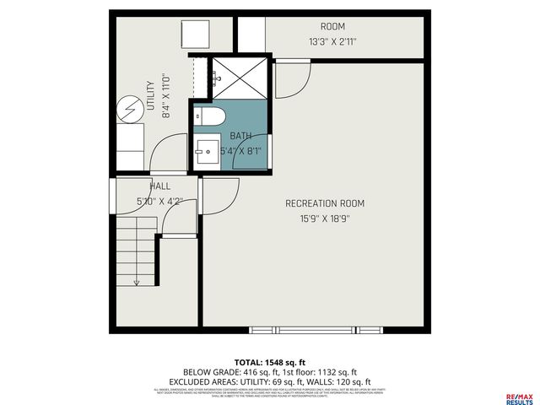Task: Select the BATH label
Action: (x=241, y=136)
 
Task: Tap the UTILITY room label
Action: (x=151, y=96)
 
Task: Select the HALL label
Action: (x=160, y=186)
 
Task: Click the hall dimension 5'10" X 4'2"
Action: (x=160, y=201)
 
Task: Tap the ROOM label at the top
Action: (x=332, y=26)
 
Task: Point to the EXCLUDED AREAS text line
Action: (x=269, y=381)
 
